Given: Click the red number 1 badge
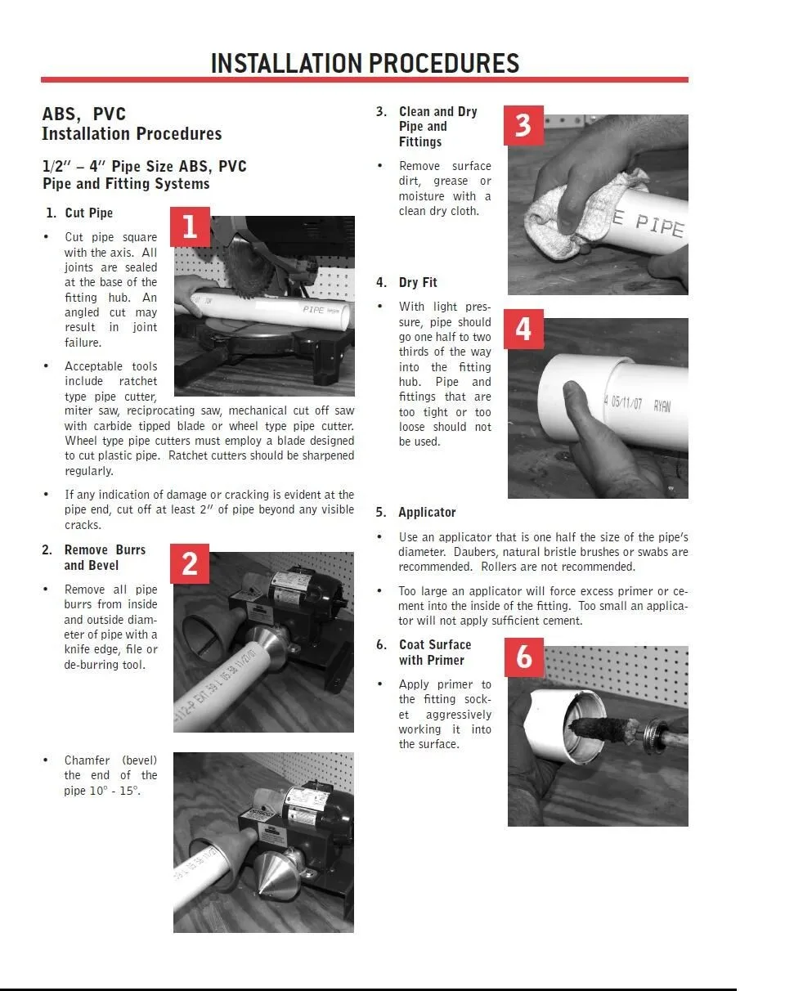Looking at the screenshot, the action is [191, 226].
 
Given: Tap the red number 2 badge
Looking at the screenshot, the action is [190, 563].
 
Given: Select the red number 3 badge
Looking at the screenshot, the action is [523, 125].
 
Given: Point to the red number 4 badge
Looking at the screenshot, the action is [523, 330].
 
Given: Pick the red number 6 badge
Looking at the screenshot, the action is [524, 657].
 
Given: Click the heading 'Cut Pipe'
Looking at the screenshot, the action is [89, 213].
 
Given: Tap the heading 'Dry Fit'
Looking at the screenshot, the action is [418, 282].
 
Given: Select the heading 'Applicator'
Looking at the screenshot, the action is [427, 512].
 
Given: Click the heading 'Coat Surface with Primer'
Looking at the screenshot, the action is [435, 652].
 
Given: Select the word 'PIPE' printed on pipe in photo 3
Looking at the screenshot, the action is [659, 226].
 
